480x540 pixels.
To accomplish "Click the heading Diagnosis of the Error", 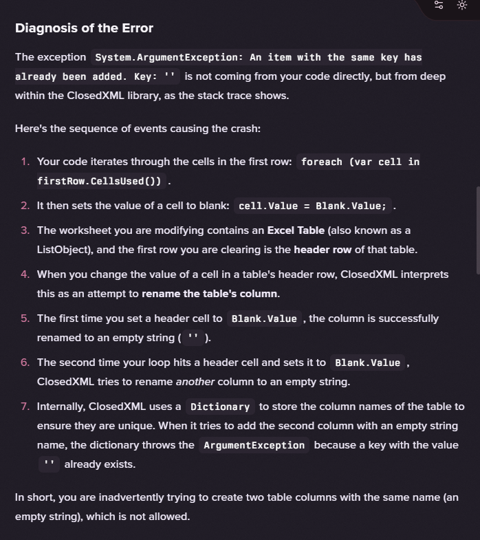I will [84, 28].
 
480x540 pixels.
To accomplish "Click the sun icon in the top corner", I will [461, 5].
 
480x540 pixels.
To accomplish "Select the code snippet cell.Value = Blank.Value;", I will [313, 206].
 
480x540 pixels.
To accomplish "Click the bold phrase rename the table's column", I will [210, 294].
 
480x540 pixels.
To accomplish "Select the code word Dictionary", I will [220, 407].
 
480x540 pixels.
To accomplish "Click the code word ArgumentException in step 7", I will [254, 445].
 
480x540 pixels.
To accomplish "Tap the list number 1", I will [25, 162].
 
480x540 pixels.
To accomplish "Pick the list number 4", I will [25, 274].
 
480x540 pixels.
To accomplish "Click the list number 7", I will [25, 407].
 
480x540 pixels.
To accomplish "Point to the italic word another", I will [195, 382].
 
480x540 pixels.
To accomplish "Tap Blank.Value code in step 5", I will [264, 318].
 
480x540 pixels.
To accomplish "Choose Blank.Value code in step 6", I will [367, 363].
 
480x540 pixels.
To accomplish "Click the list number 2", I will [25, 206].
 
